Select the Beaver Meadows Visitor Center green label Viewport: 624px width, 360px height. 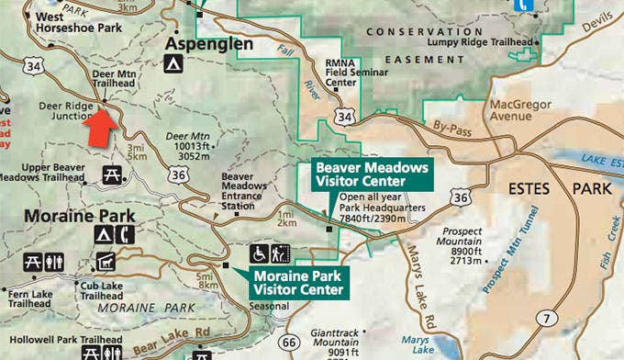click(x=372, y=174)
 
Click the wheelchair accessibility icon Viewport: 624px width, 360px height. click(x=260, y=253)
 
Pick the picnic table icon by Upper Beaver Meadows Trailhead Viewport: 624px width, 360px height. click(x=112, y=174)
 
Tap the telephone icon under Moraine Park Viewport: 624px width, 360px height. click(x=126, y=234)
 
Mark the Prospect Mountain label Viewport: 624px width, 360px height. click(x=469, y=242)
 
